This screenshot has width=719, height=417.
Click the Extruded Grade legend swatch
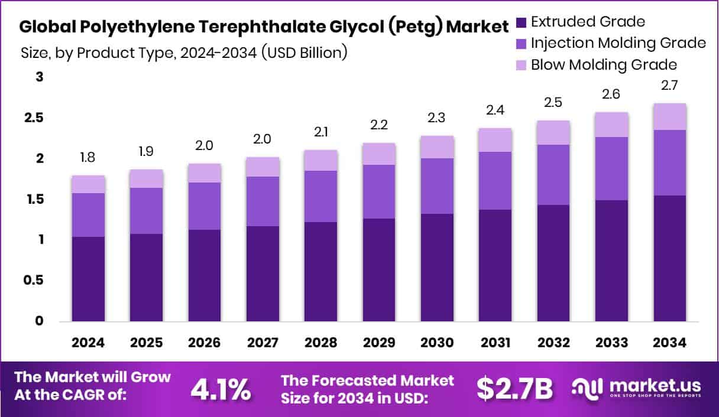[x=520, y=22]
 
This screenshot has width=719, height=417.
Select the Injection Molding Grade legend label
[x=618, y=43]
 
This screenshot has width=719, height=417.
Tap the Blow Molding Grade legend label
[x=604, y=64]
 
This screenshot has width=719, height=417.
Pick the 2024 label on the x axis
[x=88, y=343]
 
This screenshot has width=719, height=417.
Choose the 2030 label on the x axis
[x=437, y=343]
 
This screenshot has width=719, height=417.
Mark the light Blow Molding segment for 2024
[x=88, y=184]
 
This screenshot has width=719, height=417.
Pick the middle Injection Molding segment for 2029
[x=379, y=191]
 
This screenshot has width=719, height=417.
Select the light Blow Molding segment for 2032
[x=553, y=132]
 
